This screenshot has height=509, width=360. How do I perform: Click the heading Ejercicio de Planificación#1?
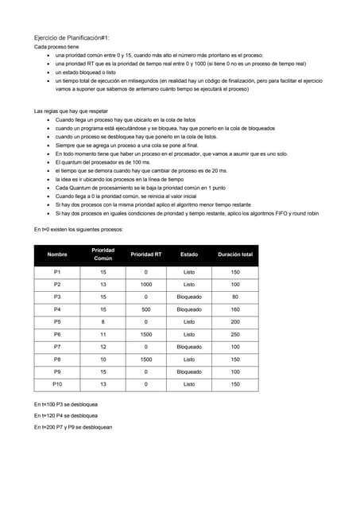(71, 37)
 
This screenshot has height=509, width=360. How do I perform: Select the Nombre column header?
(57, 254)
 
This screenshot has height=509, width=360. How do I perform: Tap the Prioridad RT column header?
(145, 254)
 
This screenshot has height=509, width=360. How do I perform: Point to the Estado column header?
(189, 254)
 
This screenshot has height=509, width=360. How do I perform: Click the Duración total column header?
(235, 254)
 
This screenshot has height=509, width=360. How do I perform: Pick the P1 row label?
(57, 272)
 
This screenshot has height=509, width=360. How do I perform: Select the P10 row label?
(57, 385)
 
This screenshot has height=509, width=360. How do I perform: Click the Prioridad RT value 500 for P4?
(145, 309)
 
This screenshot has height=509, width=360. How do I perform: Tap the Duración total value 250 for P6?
(235, 335)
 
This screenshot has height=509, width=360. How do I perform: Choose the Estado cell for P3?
(189, 297)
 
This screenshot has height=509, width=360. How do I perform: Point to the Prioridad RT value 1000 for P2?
(145, 284)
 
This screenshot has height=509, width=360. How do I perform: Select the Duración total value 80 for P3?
(235, 297)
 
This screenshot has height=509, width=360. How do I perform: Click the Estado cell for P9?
(189, 372)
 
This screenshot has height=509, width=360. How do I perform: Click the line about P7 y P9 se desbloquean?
(72, 427)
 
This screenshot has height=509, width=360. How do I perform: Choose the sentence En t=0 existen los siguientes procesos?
(78, 229)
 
